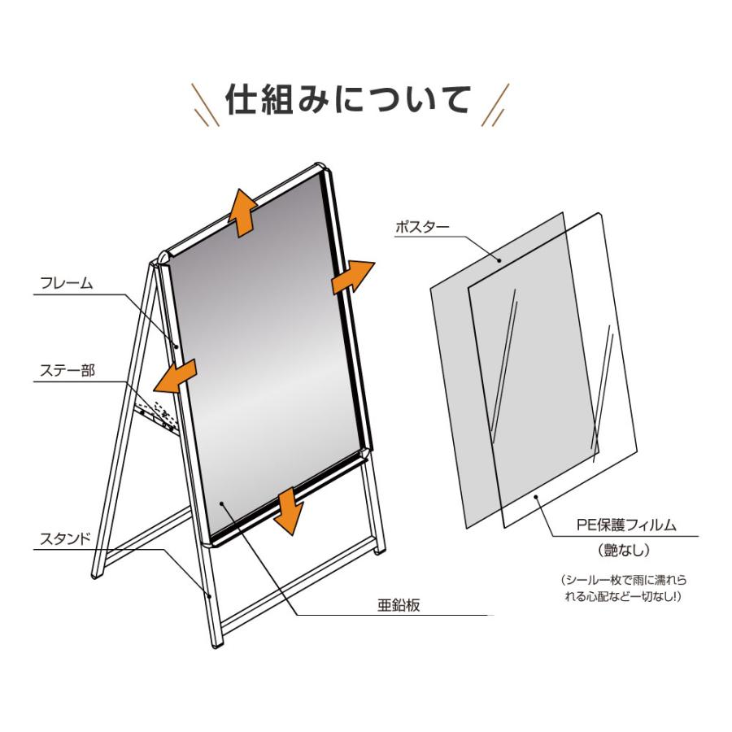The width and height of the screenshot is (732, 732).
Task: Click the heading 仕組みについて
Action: point(347,101)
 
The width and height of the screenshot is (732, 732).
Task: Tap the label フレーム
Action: point(67,284)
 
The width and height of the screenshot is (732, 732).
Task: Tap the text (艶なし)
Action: point(624,551)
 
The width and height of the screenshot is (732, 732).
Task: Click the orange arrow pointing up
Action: point(242,211)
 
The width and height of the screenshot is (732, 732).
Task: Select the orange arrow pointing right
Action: point(353,277)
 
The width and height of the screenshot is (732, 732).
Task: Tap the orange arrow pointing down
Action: point(288,512)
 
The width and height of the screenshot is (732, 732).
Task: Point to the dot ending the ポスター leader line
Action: point(499,260)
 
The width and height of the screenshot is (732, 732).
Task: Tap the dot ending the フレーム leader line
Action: point(176,346)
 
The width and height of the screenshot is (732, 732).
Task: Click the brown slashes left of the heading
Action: point(205,103)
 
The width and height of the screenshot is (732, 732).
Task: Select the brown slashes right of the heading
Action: point(495,103)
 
